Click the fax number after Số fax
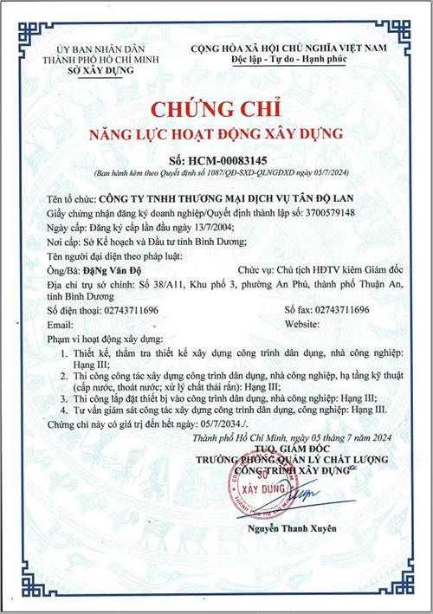[340, 308]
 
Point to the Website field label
[301, 322]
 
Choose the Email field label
[59, 322]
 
